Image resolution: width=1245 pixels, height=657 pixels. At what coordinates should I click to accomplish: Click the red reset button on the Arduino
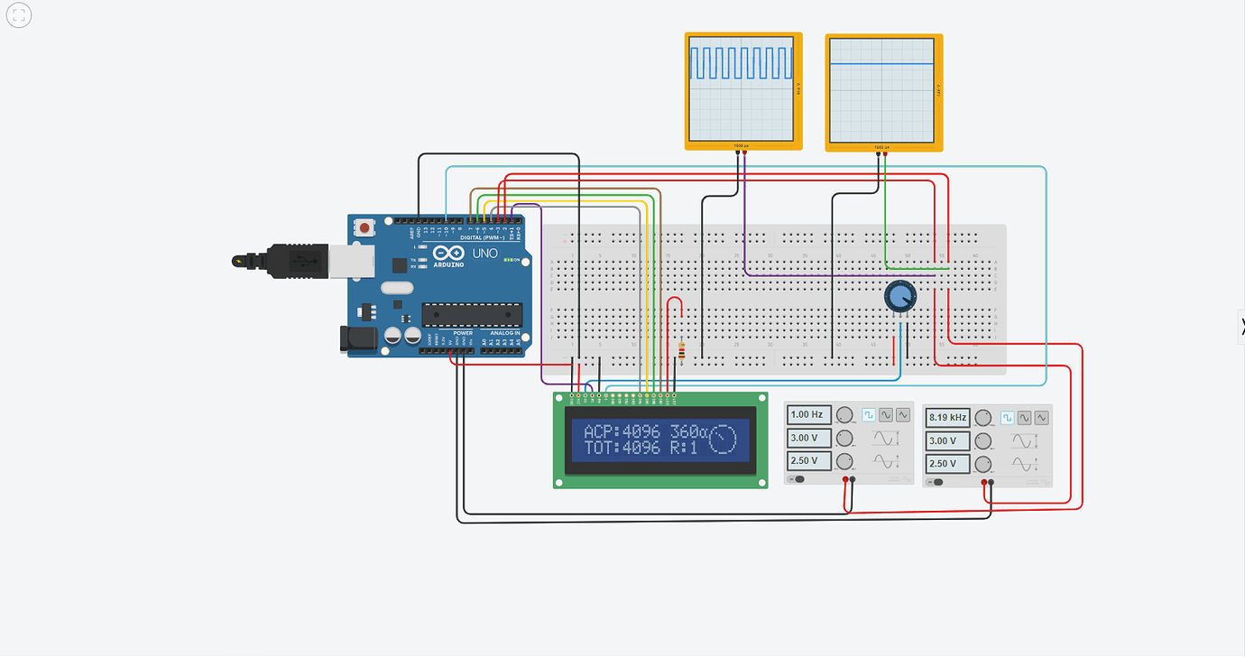[x=364, y=228]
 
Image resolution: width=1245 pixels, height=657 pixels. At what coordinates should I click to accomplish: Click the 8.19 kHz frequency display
[x=947, y=418]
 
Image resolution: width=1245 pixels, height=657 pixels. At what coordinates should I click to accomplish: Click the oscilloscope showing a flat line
[x=881, y=87]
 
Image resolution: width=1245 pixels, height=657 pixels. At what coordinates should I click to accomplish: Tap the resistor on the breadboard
[x=681, y=353]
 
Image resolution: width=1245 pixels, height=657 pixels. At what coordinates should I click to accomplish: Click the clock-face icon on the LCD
[x=724, y=439]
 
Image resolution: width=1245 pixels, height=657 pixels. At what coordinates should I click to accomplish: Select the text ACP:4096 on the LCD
[x=622, y=432]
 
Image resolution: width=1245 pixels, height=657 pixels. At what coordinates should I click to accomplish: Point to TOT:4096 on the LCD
[x=622, y=448]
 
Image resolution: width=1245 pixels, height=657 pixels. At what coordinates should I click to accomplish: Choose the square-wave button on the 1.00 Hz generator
[x=869, y=415]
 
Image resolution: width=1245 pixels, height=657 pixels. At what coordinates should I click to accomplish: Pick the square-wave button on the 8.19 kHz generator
[x=1008, y=418]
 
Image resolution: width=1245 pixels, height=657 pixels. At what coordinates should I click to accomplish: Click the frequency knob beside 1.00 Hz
[x=844, y=415]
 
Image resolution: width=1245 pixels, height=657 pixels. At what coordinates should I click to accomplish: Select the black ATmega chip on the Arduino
[x=472, y=314]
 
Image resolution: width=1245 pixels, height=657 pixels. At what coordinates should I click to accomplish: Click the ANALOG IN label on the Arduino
[x=504, y=333]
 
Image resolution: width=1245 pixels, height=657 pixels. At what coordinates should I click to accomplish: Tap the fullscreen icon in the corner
[x=18, y=15]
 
